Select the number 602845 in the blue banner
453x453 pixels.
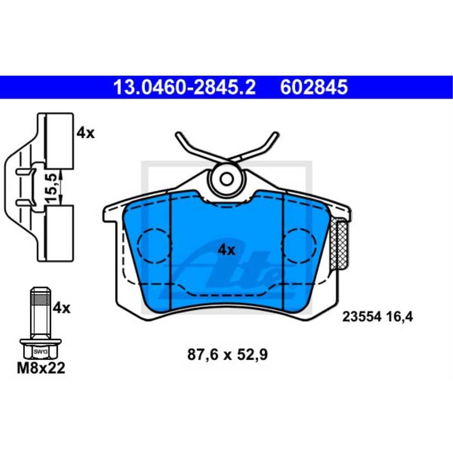[314, 87]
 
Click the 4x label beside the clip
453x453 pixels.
[86, 133]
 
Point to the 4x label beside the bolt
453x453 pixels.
[62, 308]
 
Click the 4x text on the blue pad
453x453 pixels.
[226, 249]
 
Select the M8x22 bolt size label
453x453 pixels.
[41, 368]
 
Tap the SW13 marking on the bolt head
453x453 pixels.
[40, 351]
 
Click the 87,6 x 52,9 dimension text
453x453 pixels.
[227, 355]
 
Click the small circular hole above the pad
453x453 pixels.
[226, 179]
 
